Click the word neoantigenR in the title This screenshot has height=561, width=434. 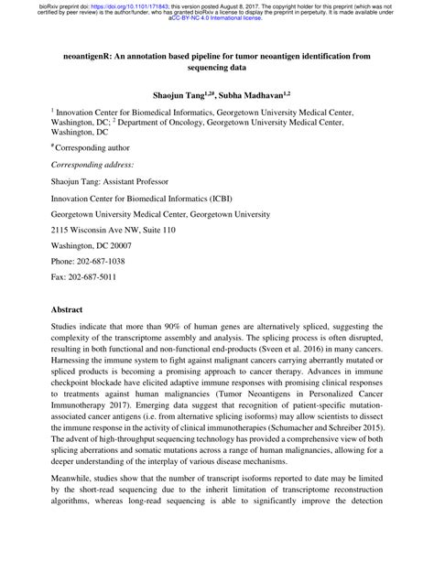tap(91, 56)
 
